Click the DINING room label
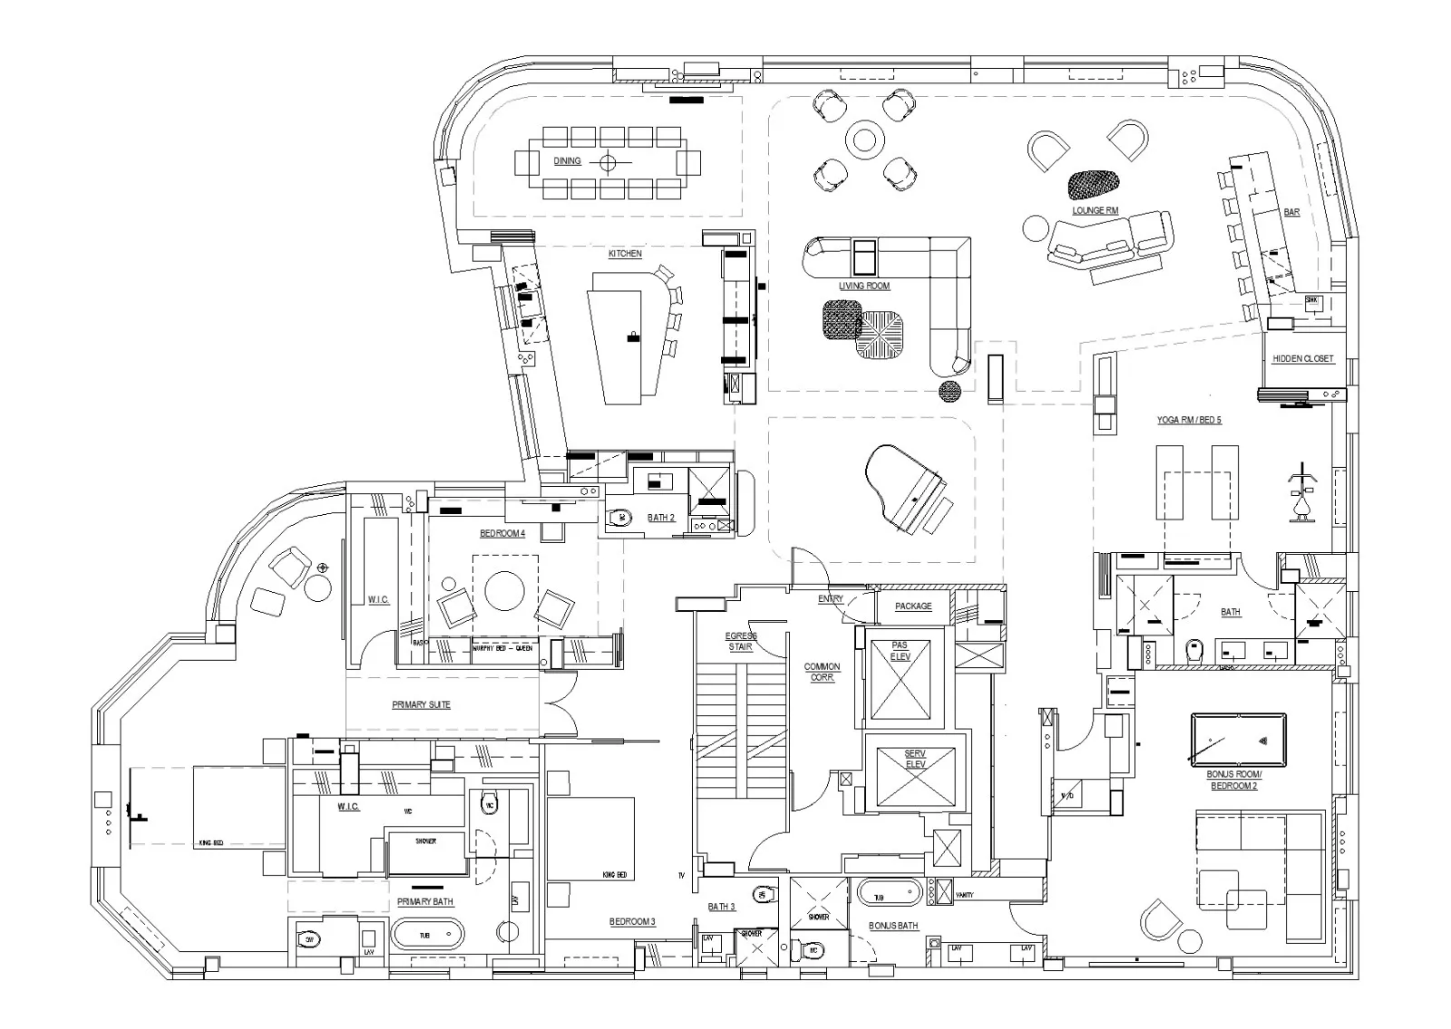[x=567, y=161]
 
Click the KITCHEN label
[x=625, y=254]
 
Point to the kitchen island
[x=626, y=345]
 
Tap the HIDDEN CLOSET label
[x=1302, y=359]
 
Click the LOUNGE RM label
[x=1095, y=210]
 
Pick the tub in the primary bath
[x=426, y=933]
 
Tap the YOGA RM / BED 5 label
[x=1188, y=421]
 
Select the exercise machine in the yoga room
[x=1303, y=495]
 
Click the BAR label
[x=1291, y=212]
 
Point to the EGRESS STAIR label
[x=741, y=641]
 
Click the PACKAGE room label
[x=912, y=607]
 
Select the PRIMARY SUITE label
[x=421, y=704]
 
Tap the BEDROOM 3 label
[x=631, y=922]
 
